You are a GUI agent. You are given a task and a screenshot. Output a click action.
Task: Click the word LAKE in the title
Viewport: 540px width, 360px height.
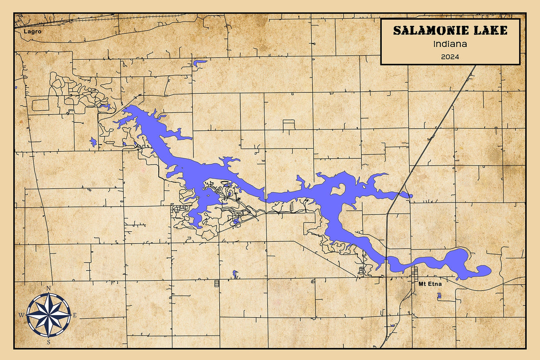(491, 31)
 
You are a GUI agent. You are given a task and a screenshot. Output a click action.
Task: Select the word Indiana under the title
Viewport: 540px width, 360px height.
(450, 44)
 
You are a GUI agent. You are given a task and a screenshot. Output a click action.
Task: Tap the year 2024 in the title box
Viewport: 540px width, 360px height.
(450, 57)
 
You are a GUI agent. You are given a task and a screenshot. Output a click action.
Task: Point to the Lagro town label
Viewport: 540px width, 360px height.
(29, 32)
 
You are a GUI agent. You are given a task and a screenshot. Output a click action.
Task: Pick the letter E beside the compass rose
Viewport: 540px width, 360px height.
(75, 315)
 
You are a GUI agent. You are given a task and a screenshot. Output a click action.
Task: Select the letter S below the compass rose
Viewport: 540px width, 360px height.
(48, 342)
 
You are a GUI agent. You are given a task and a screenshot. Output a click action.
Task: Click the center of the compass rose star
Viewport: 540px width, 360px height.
(48, 315)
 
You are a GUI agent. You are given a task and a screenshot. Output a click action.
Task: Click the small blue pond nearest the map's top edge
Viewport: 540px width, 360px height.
(199, 62)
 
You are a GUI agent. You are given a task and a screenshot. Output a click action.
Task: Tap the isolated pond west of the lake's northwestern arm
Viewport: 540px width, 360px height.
(93, 142)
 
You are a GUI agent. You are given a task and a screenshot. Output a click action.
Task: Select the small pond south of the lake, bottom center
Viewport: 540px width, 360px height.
(235, 274)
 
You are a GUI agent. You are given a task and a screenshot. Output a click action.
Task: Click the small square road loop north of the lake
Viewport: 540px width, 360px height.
(289, 125)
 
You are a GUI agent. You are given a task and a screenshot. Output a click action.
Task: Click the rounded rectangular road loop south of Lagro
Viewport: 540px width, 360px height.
(40, 105)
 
